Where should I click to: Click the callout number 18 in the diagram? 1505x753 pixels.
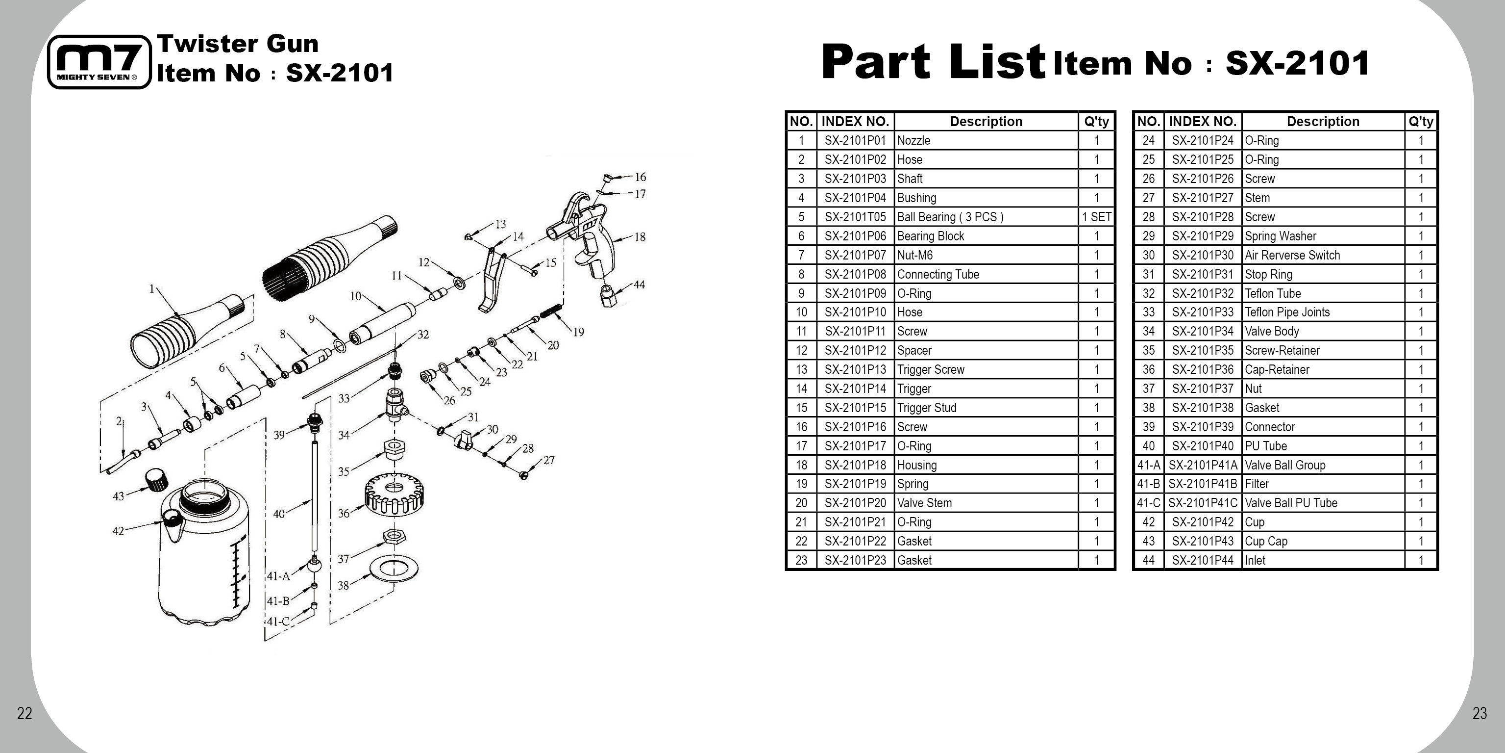pos(640,237)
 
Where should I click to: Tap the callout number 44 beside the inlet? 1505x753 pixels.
pos(639,285)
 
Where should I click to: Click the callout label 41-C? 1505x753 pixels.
pos(278,622)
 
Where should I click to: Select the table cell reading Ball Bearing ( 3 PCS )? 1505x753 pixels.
pos(950,217)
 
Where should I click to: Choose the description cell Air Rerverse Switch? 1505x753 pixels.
pos(1292,255)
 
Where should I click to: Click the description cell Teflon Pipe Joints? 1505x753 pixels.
pos(1286,312)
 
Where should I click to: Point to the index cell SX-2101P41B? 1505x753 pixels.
pos(1202,484)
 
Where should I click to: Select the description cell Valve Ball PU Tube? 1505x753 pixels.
pos(1290,503)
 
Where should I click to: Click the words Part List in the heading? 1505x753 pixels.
pos(933,62)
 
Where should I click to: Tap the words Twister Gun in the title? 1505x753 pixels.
pos(238,44)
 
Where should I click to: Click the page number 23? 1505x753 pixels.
pos(1480,713)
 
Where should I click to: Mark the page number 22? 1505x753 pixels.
pos(25,713)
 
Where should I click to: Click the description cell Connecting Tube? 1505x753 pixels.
pos(938,274)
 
